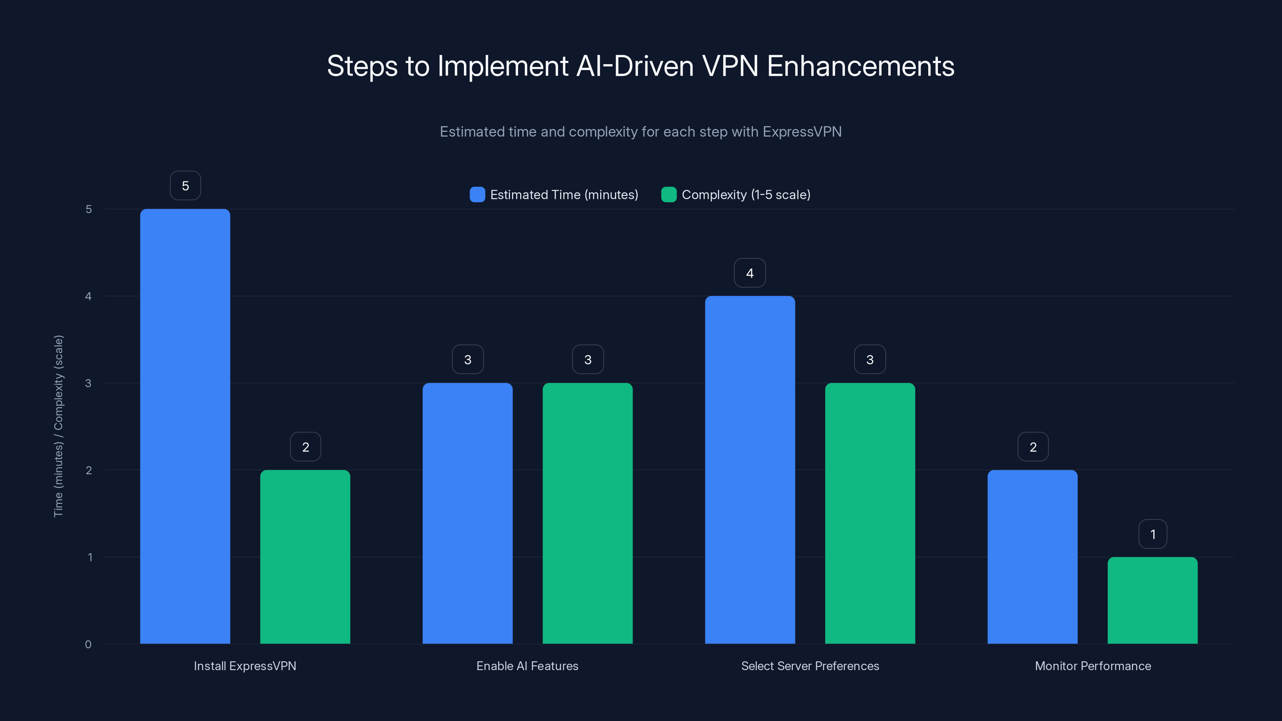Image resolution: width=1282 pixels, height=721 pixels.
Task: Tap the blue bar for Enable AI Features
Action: click(x=467, y=513)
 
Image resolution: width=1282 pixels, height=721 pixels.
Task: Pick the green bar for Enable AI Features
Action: click(x=587, y=513)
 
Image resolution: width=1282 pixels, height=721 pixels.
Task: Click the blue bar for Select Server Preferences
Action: click(x=750, y=470)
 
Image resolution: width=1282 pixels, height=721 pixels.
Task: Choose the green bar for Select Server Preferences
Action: click(x=870, y=513)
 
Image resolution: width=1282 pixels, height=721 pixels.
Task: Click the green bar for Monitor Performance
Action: click(x=1152, y=600)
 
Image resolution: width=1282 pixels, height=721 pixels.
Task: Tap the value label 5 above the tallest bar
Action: click(x=185, y=185)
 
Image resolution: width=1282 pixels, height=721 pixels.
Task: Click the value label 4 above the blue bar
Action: click(x=750, y=273)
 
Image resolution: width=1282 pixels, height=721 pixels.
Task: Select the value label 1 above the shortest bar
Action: click(x=1153, y=534)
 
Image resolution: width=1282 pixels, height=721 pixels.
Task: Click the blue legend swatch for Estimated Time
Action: click(x=477, y=195)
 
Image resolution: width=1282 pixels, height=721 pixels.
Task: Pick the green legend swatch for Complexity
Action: click(x=668, y=195)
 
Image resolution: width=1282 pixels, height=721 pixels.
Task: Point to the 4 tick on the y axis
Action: click(x=89, y=296)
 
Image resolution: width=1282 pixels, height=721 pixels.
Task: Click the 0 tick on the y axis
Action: click(x=88, y=644)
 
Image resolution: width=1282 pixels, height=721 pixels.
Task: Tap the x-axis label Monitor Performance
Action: click(x=1093, y=666)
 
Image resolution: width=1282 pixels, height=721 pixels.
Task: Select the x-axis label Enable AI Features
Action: click(x=527, y=666)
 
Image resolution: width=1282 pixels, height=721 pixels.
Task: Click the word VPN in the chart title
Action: click(x=730, y=66)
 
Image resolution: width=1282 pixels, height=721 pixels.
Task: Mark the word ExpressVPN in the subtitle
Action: click(x=802, y=131)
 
